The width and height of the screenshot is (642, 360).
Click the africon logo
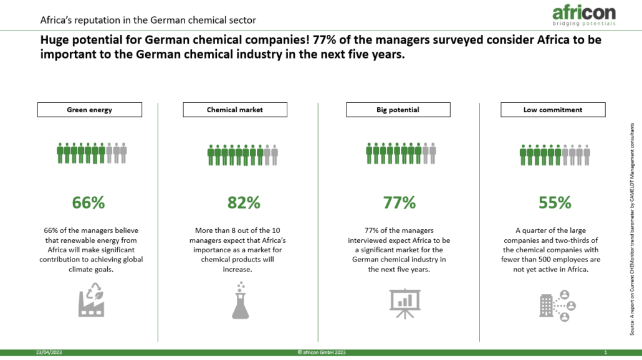584,16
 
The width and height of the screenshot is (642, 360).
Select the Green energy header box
90,110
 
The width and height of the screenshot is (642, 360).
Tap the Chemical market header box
235,110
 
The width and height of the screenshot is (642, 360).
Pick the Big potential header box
398,110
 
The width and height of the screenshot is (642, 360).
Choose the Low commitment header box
553,110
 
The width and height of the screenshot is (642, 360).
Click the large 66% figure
89,202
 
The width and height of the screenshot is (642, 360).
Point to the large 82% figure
244,202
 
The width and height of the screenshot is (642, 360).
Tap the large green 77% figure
399,202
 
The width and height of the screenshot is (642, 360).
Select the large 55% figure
555,202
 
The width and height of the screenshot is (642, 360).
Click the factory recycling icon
92,300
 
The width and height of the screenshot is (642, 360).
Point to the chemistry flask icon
241,300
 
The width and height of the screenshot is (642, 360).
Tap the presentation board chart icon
405,303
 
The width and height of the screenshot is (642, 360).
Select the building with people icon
558,306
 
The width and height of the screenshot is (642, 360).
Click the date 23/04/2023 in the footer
49,353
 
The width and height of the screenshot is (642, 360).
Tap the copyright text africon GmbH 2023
322,353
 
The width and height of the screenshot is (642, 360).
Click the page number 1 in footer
606,353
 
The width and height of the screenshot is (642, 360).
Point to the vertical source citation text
632,229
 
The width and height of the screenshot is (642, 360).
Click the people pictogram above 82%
243,155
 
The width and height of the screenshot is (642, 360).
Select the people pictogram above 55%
555,155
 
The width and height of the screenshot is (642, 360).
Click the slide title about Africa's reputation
148,20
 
